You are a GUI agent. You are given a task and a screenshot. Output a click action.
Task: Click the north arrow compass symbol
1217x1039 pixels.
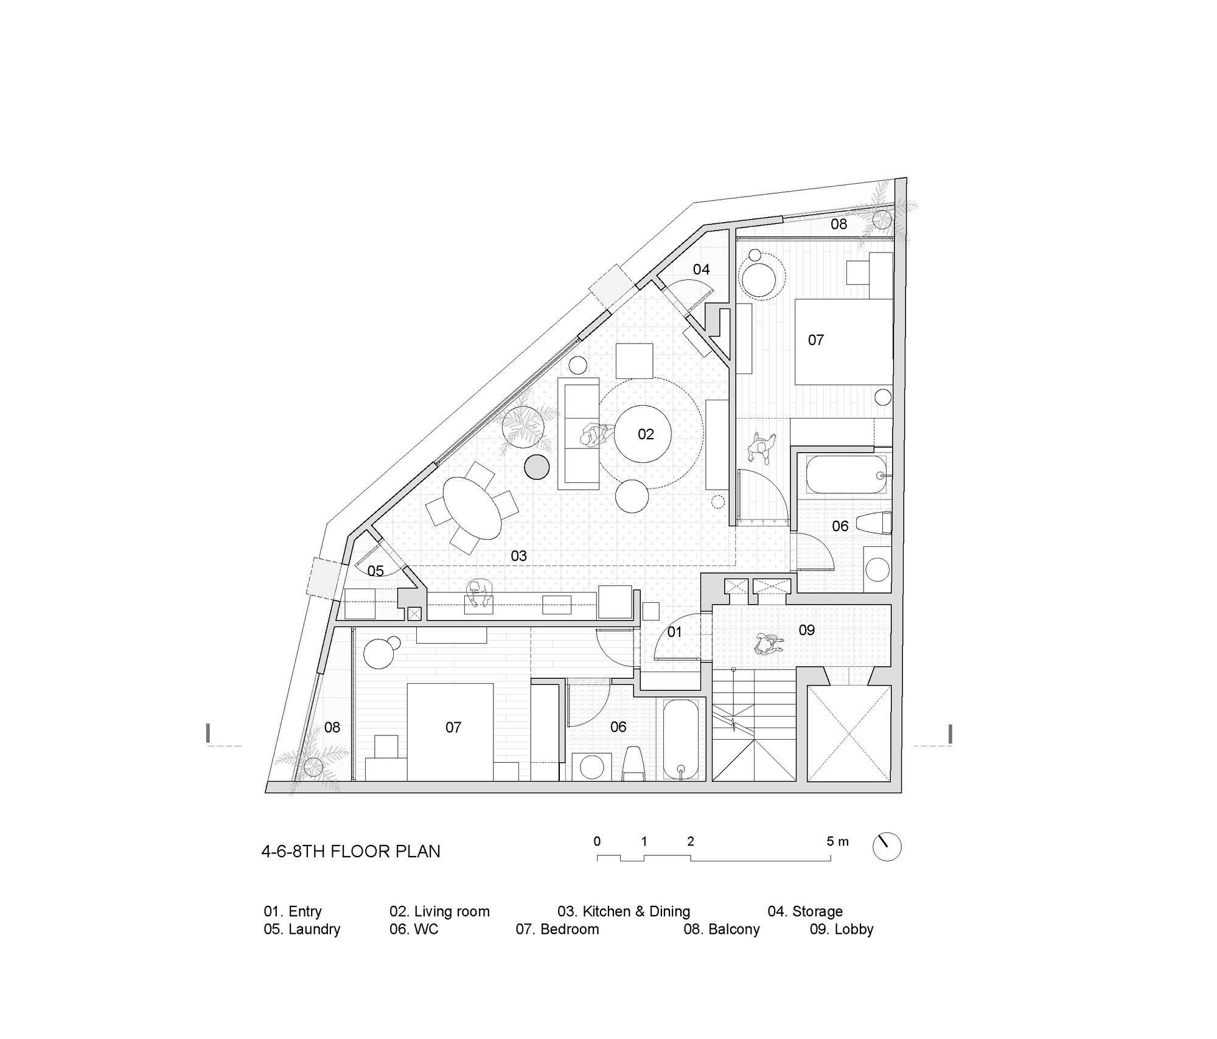pos(887,846)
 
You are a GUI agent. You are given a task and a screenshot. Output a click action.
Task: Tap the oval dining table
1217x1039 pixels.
pos(472,508)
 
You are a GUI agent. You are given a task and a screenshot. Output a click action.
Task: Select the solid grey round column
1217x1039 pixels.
pos(537,467)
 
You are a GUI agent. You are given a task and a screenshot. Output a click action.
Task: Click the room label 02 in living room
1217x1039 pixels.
pos(646,434)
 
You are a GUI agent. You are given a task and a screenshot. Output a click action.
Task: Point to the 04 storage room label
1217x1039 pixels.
pos(701,269)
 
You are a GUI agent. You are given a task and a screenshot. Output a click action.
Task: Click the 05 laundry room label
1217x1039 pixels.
pos(375,571)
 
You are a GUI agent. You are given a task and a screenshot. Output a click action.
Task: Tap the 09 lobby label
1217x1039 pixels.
pos(806,630)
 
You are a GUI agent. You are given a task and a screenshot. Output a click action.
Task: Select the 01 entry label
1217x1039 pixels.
pos(674,632)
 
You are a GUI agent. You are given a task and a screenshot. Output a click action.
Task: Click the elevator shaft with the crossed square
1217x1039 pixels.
pos(849,733)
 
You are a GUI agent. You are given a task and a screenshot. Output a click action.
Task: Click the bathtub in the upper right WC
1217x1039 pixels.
pos(846,474)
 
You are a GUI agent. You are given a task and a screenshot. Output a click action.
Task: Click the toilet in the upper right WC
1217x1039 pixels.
pos(873,524)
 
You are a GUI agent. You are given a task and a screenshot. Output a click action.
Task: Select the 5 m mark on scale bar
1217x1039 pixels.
pos(837,842)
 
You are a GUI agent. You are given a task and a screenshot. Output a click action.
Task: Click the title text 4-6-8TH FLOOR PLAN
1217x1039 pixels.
pos(350,851)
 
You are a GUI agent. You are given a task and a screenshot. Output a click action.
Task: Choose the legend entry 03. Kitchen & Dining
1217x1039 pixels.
pos(624,911)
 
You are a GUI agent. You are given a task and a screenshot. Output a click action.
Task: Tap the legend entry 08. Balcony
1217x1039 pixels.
pos(721,930)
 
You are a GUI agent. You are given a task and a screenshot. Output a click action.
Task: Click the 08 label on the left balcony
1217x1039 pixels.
pos(332,728)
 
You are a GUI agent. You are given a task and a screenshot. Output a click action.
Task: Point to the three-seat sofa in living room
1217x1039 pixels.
pos(579,433)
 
